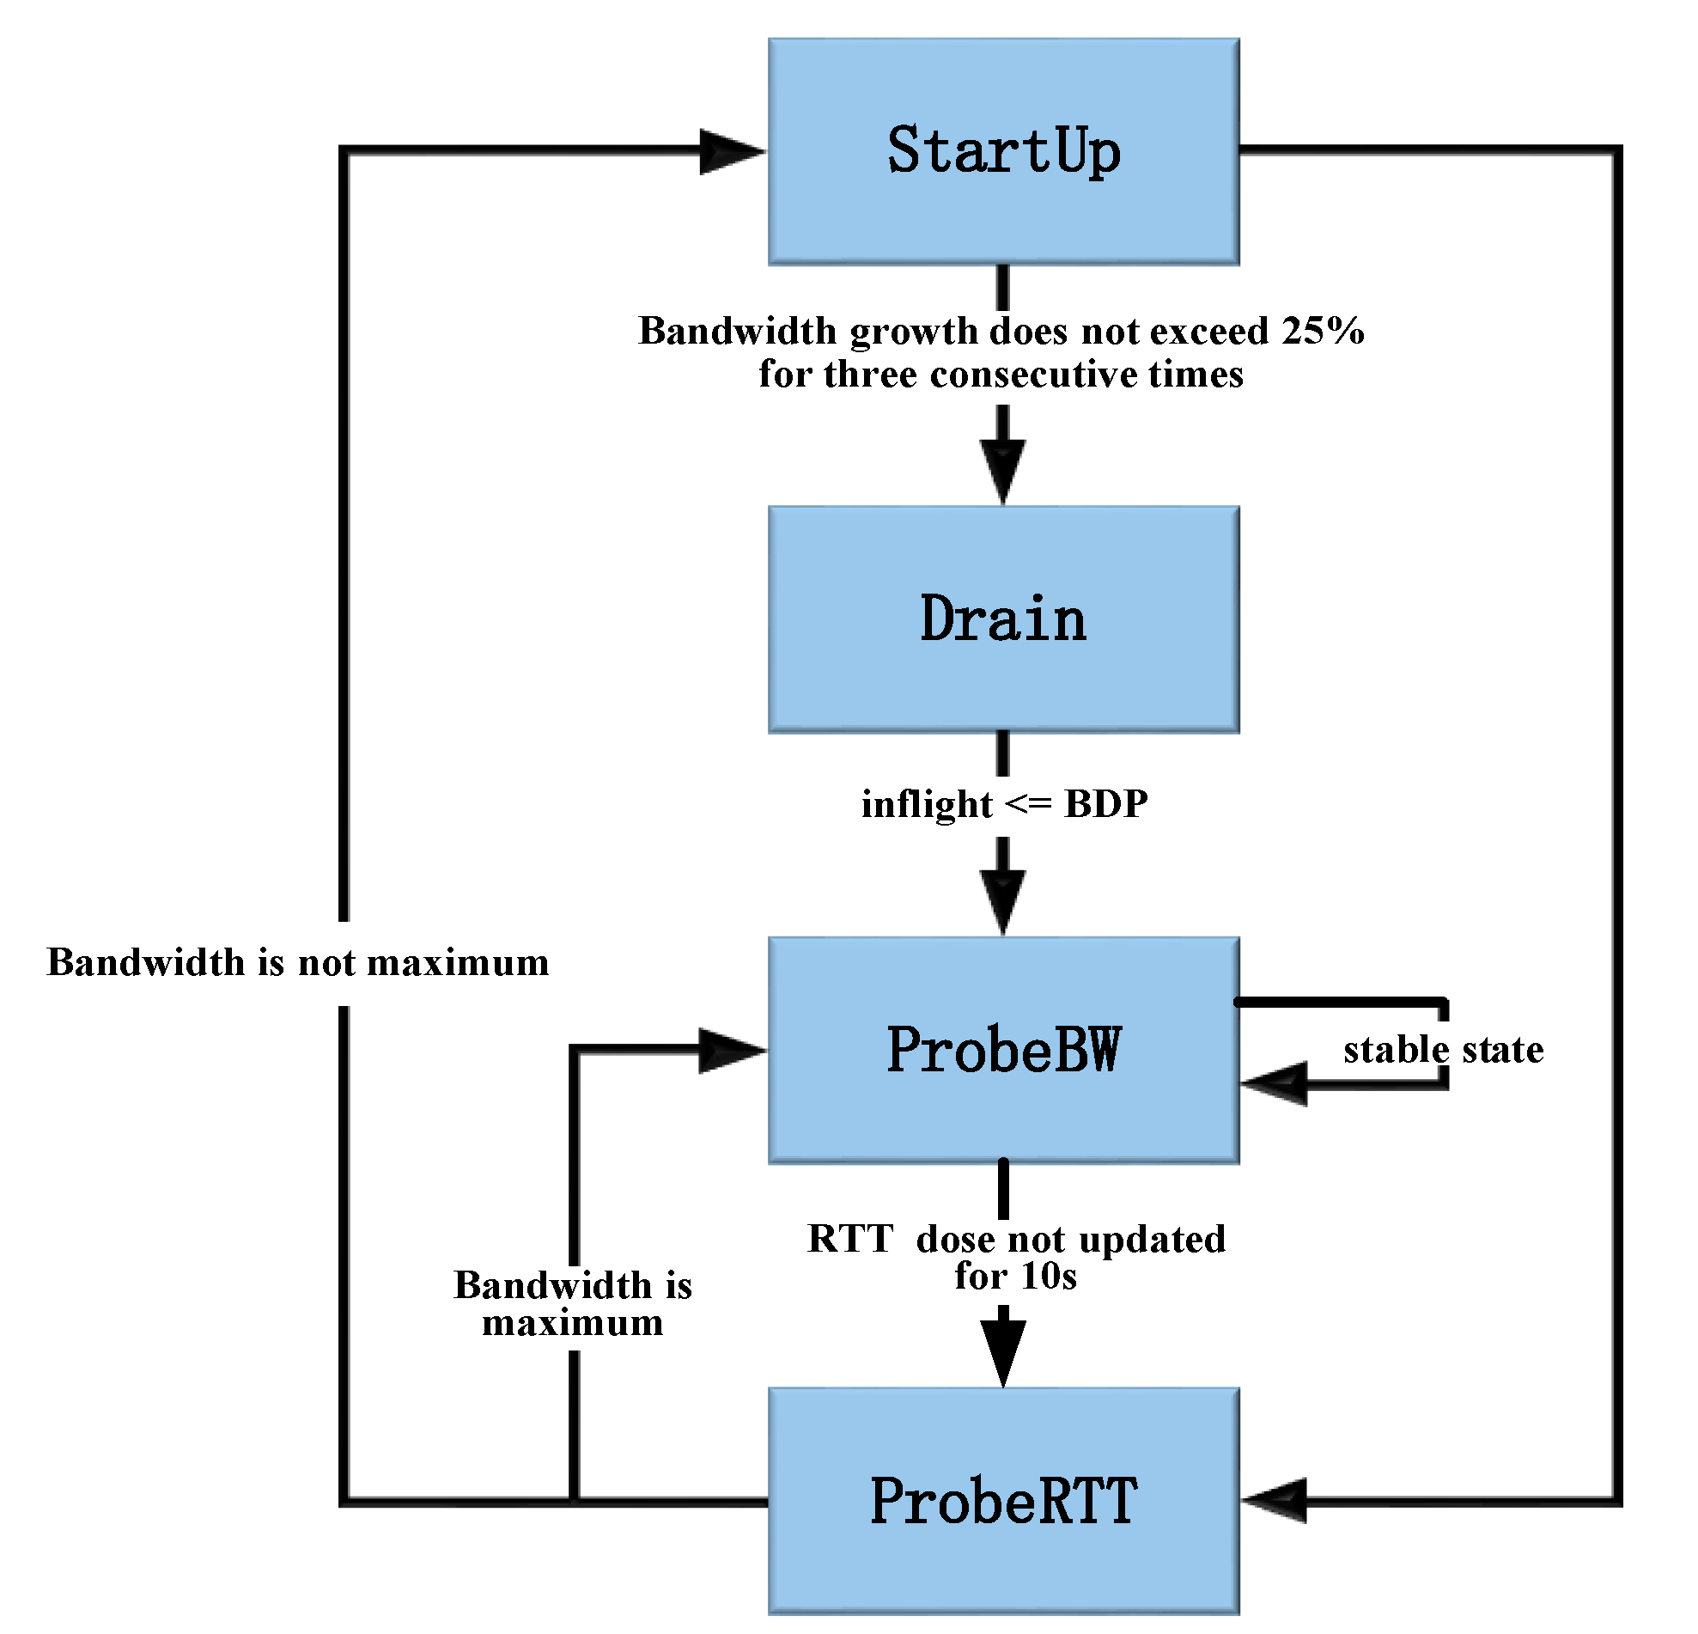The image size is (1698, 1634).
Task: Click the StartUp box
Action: click(x=1003, y=151)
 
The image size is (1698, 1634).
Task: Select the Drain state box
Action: click(x=1003, y=620)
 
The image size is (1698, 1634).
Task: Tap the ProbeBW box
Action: click(x=1003, y=1050)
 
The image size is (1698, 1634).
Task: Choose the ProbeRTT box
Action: click(x=1003, y=1501)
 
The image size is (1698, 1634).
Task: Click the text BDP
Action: click(x=1105, y=804)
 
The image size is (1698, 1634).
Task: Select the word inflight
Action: click(x=926, y=805)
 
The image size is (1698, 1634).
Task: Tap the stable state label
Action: click(x=1443, y=1050)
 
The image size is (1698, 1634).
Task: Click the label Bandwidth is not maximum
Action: click(x=297, y=962)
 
